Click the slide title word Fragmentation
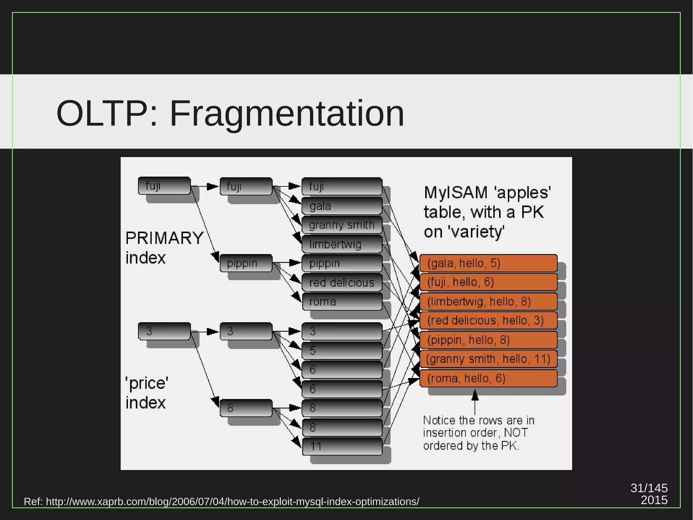pyautogui.click(x=287, y=113)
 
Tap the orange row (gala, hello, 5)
pyautogui.click(x=488, y=263)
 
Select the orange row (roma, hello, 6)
pyautogui.click(x=488, y=378)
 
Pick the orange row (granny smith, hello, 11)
pyautogui.click(x=488, y=359)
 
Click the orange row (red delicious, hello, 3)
pyautogui.click(x=488, y=320)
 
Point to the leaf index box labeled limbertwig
pyautogui.click(x=342, y=244)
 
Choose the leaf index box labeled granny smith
pyautogui.click(x=342, y=225)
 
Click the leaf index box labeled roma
pyautogui.click(x=342, y=301)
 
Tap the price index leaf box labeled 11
pyautogui.click(x=342, y=446)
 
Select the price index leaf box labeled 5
pyautogui.click(x=342, y=351)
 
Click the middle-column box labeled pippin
pyautogui.click(x=246, y=263)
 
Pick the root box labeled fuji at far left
pyautogui.click(x=164, y=186)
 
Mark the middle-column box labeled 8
pyautogui.click(x=246, y=408)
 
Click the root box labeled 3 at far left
pyautogui.click(x=164, y=331)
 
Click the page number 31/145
pyautogui.click(x=649, y=488)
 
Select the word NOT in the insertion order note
pyautogui.click(x=516, y=433)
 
